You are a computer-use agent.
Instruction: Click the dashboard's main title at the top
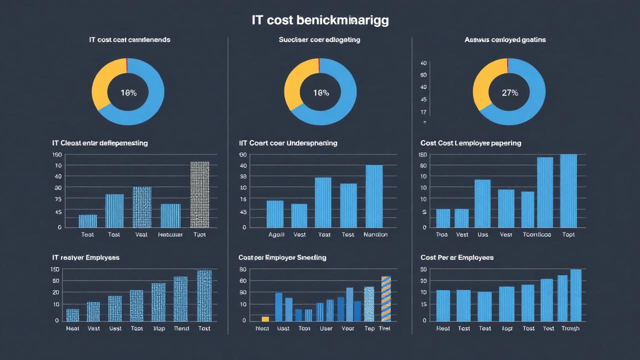point(320,20)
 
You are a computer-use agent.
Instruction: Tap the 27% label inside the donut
point(509,93)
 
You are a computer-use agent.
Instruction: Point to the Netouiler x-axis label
point(170,234)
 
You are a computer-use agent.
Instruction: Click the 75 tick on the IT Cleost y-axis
point(58,199)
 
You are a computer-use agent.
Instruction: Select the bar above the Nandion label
point(374,196)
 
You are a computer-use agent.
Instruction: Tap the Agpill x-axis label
point(276,234)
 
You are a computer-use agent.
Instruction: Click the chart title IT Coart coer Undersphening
point(288,143)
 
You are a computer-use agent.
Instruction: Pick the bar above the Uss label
point(482,203)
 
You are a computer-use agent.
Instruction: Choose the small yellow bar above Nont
point(265,318)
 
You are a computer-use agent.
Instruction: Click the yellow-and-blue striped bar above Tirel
point(385,298)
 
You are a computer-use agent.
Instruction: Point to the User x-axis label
point(326,328)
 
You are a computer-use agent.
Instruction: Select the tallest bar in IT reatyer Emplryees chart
point(204,295)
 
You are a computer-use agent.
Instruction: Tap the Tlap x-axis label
point(158,328)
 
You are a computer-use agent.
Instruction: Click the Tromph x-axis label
point(570,328)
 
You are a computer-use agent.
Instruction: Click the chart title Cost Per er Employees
point(457,257)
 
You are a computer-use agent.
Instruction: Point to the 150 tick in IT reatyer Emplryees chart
point(55,269)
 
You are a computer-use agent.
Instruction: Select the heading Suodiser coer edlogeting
point(319,39)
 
